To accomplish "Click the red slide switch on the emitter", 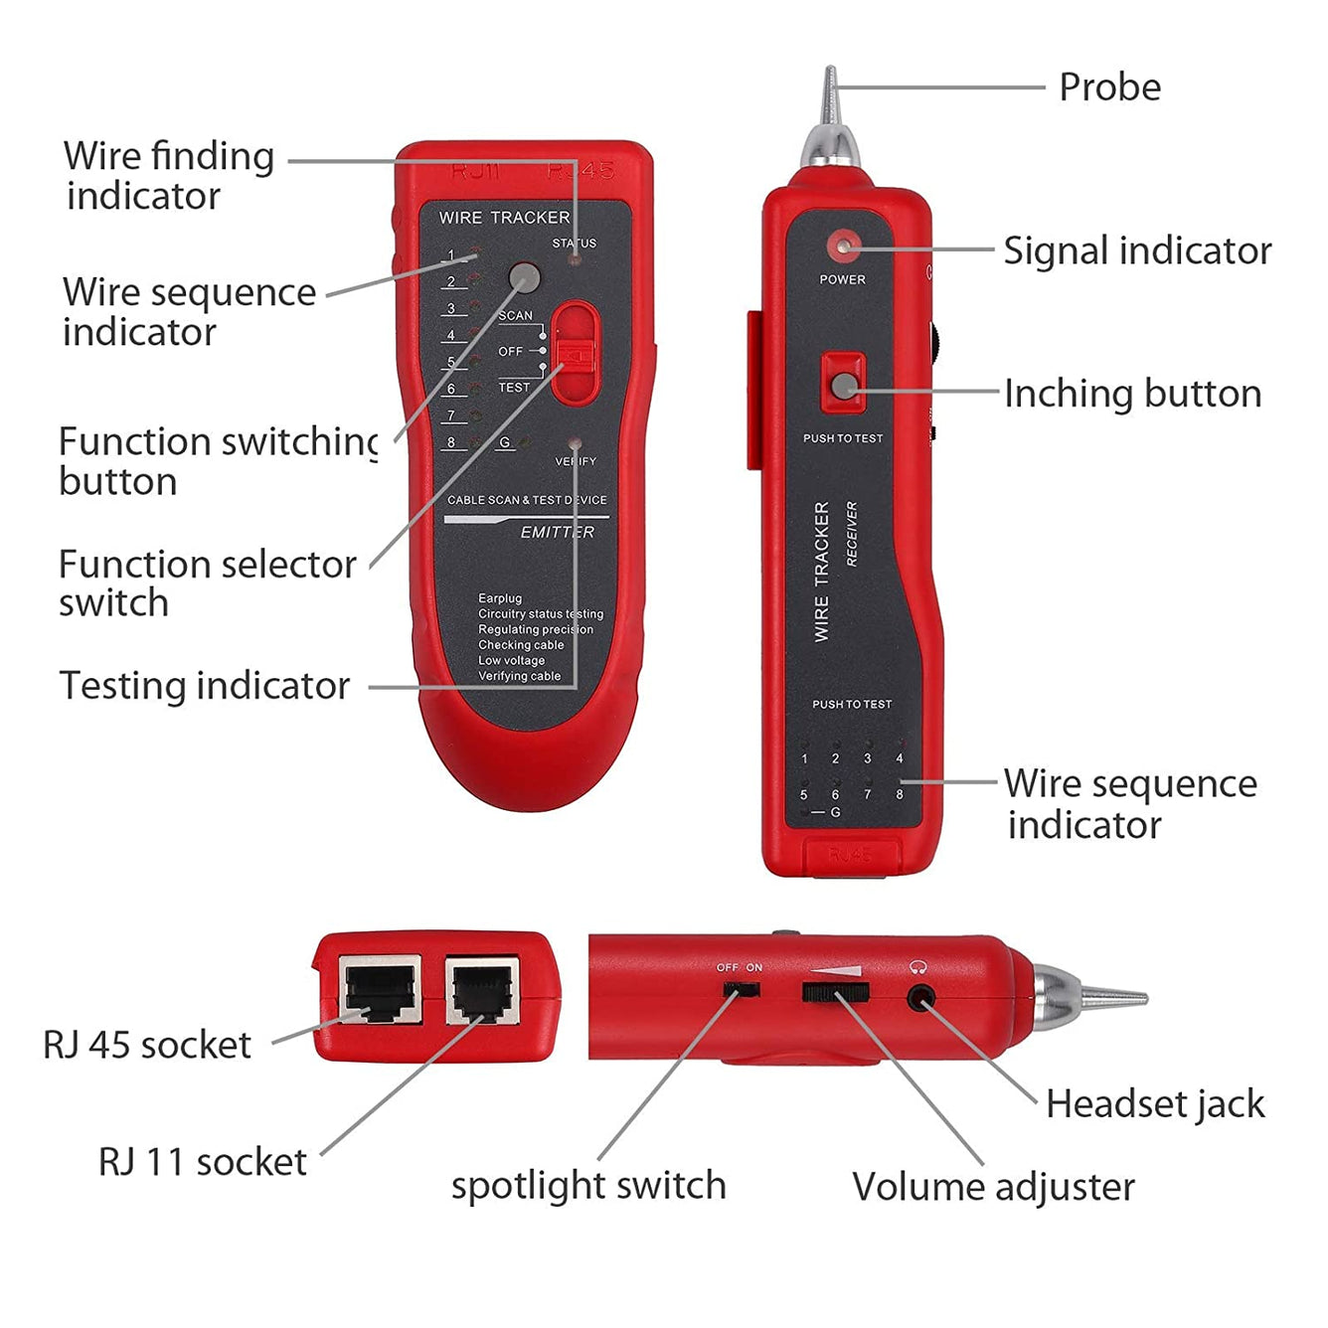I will pyautogui.click(x=575, y=354).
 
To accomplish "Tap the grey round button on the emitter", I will pyautogui.click(x=524, y=277).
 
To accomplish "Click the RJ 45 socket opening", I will pyautogui.click(x=380, y=990).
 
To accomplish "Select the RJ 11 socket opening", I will pyautogui.click(x=482, y=990).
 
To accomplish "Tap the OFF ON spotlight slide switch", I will pyautogui.click(x=741, y=990).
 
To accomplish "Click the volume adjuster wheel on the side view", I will pyautogui.click(x=835, y=991).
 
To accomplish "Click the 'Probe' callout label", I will pyautogui.click(x=1109, y=87).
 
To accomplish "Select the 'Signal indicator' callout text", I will pyautogui.click(x=1136, y=250).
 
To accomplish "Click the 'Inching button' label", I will pyautogui.click(x=1131, y=394).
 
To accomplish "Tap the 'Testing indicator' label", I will pyautogui.click(x=205, y=686).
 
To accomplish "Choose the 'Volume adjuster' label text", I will pyautogui.click(x=993, y=1187).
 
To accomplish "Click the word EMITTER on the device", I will pyautogui.click(x=557, y=533).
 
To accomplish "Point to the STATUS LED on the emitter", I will pyautogui.click(x=574, y=259).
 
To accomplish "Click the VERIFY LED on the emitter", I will pyautogui.click(x=575, y=443).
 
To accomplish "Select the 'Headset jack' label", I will pyautogui.click(x=1154, y=1104).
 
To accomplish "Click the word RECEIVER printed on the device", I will pyautogui.click(x=851, y=534).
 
